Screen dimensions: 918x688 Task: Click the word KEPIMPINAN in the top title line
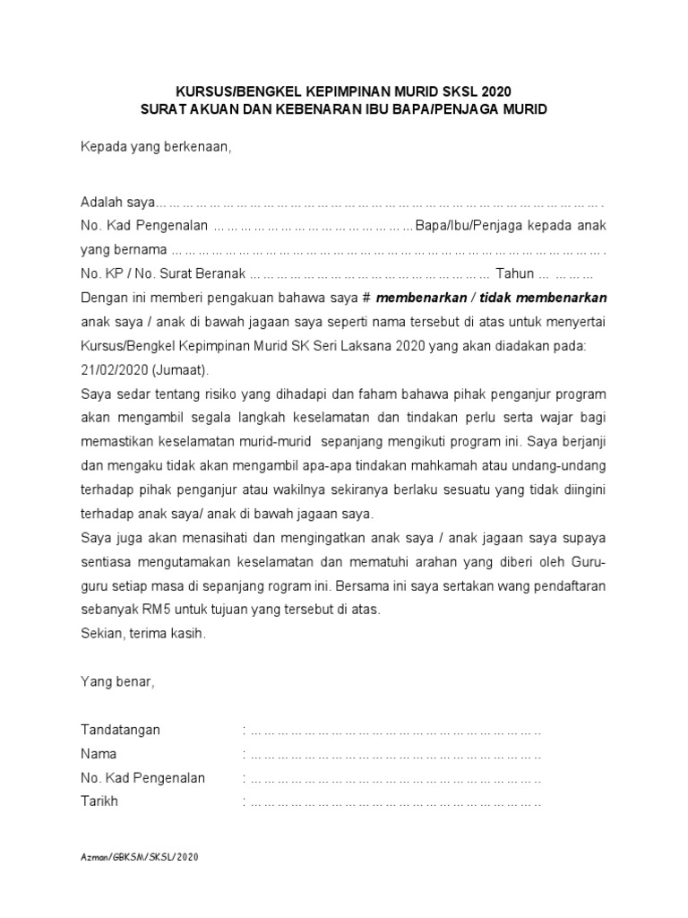[345, 91]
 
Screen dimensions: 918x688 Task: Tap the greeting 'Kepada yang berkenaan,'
[156, 147]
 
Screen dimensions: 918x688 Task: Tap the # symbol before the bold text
[367, 298]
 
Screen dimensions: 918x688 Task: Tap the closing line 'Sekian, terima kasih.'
[143, 633]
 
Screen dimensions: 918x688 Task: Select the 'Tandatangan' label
[121, 730]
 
